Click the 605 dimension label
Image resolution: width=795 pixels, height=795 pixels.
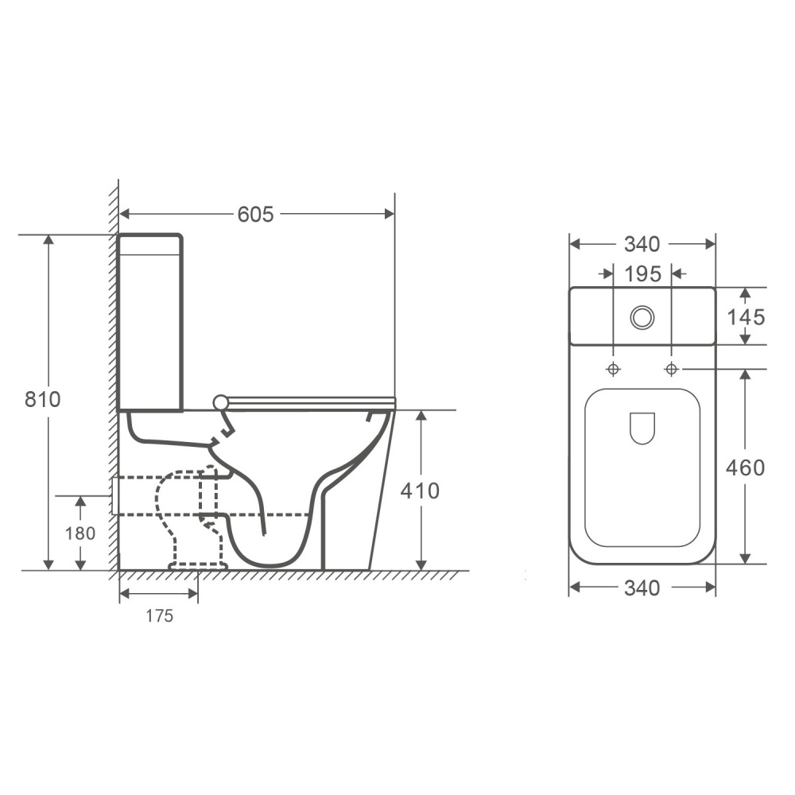(255, 215)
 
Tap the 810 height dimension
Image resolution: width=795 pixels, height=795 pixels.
(43, 400)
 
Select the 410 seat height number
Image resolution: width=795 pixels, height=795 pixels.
(420, 491)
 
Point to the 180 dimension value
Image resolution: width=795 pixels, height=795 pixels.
(80, 533)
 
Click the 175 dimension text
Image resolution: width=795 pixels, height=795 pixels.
(160, 616)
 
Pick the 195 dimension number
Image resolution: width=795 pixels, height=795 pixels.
(642, 274)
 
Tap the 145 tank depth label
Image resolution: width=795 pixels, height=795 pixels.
(746, 317)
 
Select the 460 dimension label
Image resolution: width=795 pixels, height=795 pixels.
(745, 468)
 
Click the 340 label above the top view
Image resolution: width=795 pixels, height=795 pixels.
(642, 244)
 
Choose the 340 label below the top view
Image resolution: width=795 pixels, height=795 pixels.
(642, 588)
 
